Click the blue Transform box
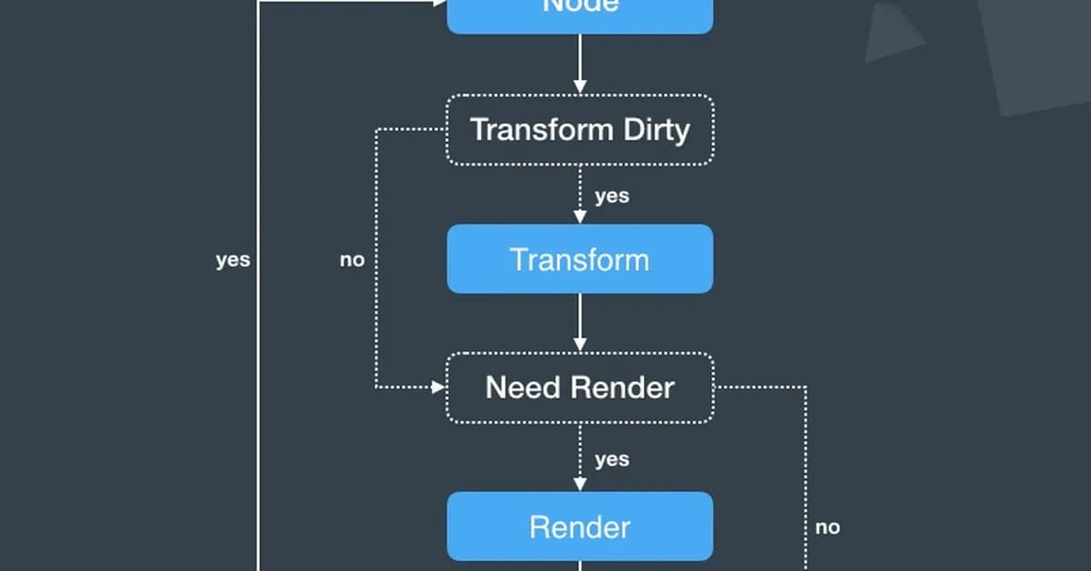(579, 259)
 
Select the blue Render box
(579, 526)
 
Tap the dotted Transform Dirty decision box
(579, 129)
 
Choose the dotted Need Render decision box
(579, 387)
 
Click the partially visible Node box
(579, 13)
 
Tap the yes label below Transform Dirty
(611, 195)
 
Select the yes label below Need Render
(611, 459)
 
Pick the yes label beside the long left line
(233, 260)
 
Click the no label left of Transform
(352, 260)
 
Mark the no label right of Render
(827, 527)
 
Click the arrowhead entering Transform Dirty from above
(579, 86)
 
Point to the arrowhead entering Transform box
(579, 217)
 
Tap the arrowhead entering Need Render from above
(579, 345)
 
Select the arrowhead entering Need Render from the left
(438, 387)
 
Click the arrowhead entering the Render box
(579, 485)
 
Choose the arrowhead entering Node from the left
(440, 3)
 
